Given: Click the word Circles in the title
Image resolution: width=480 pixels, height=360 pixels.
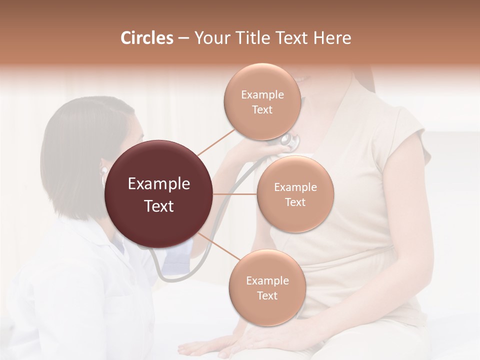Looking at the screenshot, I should (147, 38).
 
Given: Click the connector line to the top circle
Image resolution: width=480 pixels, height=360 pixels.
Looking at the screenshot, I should (216, 142).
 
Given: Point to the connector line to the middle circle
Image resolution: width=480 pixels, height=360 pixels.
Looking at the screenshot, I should (235, 194).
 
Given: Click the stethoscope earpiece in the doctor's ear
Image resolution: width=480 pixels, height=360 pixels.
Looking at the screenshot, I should (104, 171).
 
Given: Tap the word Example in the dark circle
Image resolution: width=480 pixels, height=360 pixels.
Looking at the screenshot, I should (159, 184).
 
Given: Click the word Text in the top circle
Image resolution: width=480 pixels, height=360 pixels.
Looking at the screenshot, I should (262, 110).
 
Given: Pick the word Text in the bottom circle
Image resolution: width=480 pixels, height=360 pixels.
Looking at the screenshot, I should (267, 296).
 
